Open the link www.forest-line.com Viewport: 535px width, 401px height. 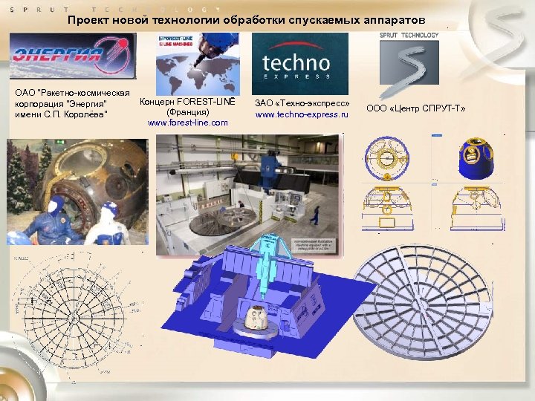pos(188,123)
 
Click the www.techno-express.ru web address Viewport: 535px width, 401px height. pos(302,115)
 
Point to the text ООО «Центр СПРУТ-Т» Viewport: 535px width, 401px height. pos(416,109)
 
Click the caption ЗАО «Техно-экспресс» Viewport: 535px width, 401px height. pos(302,103)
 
